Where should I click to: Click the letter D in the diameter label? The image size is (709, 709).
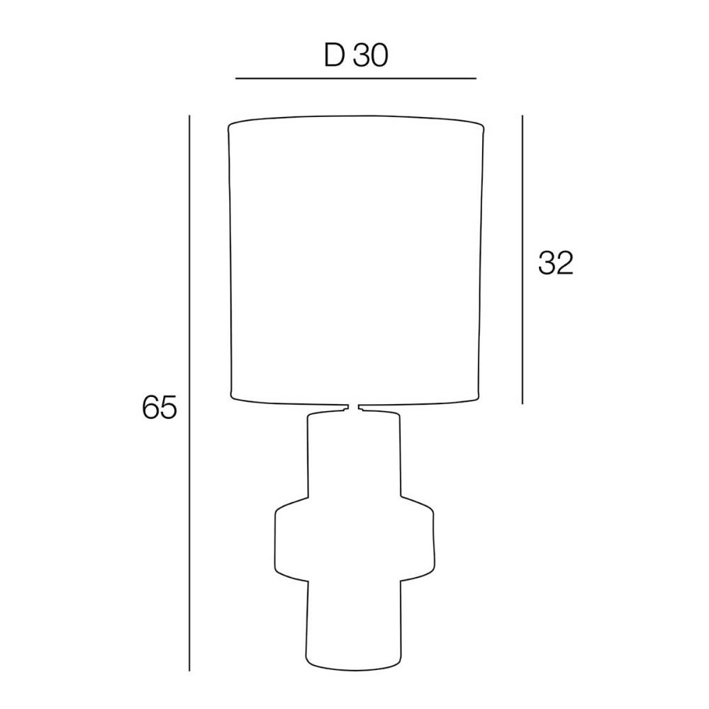point(334,56)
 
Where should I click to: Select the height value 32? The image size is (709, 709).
point(555,263)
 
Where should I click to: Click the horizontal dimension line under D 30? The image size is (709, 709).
point(354,78)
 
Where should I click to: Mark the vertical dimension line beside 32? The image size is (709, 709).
point(523,259)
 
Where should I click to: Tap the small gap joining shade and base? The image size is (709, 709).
point(354,408)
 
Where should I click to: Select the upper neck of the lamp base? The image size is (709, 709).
point(354,454)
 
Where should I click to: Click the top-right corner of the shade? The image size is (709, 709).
point(484,128)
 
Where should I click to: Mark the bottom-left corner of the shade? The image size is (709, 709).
point(232,393)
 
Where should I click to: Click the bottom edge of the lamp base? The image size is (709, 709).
point(354,668)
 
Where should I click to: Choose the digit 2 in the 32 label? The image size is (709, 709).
point(564,263)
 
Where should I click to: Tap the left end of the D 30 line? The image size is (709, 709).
point(235,78)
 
